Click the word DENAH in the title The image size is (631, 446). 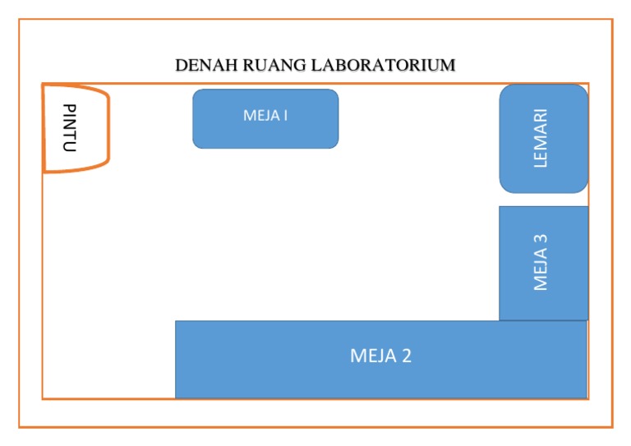pyautogui.click(x=201, y=65)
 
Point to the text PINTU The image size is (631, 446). pyautogui.click(x=70, y=128)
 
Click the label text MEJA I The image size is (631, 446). pyautogui.click(x=265, y=115)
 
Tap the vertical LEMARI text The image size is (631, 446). pyautogui.click(x=540, y=139)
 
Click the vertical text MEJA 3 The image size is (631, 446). pyautogui.click(x=540, y=263)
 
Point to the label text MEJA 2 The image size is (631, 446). pyautogui.click(x=380, y=356)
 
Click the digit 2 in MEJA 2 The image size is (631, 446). pyautogui.click(x=406, y=356)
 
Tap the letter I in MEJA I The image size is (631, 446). pyautogui.click(x=285, y=115)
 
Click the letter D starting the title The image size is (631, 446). pyautogui.click(x=181, y=65)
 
